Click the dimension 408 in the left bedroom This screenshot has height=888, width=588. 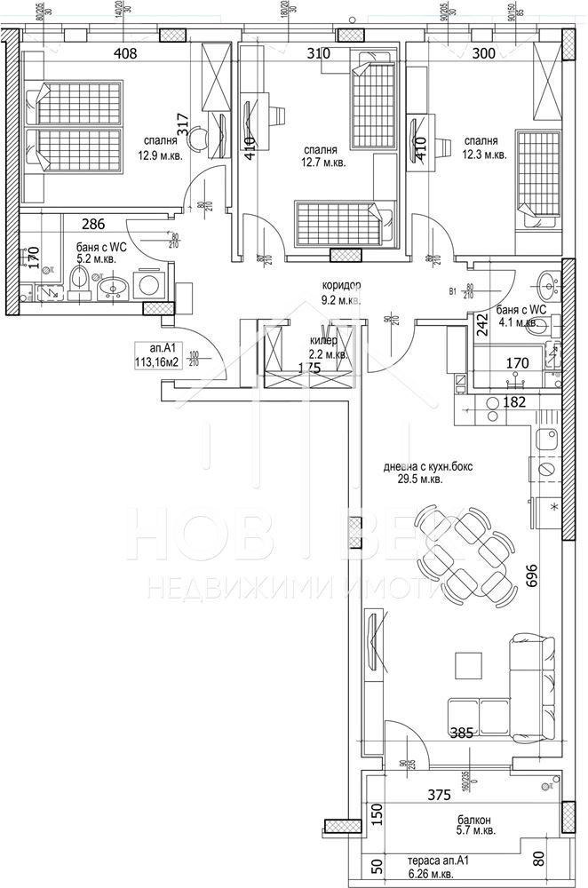125,53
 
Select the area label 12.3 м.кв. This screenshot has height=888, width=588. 484,155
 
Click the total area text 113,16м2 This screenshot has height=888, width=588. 158,361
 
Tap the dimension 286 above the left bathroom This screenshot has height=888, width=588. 95,225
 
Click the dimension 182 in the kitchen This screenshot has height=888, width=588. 517,402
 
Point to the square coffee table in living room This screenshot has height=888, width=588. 465,664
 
